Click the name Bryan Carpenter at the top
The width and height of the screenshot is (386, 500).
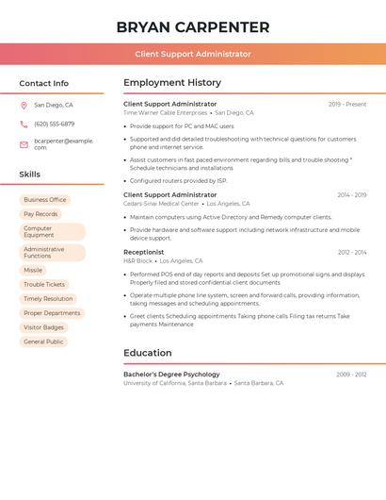click(x=193, y=27)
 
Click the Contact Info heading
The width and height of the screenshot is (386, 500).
click(x=44, y=83)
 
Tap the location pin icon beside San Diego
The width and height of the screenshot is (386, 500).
click(x=24, y=105)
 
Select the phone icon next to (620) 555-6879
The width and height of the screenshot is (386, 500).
click(x=24, y=124)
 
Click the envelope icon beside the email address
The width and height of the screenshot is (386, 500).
click(x=24, y=144)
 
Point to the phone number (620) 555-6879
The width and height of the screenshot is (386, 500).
click(x=54, y=124)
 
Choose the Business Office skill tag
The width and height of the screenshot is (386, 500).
click(x=45, y=200)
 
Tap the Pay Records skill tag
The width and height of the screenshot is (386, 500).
click(x=40, y=214)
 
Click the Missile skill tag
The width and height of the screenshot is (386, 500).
click(x=33, y=270)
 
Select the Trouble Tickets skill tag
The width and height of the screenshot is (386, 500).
click(x=44, y=284)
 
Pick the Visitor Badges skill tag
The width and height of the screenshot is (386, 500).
click(x=44, y=326)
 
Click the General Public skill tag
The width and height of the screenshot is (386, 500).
click(x=43, y=341)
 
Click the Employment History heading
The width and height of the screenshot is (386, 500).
click(x=172, y=83)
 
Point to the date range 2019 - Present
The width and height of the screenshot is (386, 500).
click(x=347, y=105)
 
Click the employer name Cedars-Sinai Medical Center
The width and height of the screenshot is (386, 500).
click(x=161, y=204)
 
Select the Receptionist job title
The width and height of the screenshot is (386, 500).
click(x=143, y=252)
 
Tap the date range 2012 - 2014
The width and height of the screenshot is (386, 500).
click(x=352, y=253)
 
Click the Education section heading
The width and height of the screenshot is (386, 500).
click(x=148, y=353)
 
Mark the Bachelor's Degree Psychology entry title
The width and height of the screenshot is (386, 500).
click(x=171, y=375)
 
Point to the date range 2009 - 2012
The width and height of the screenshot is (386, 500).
click(x=351, y=375)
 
